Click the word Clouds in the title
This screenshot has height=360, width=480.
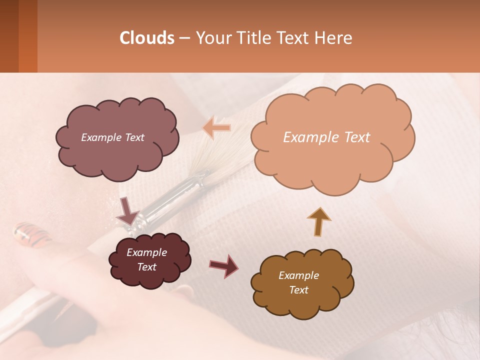[x=147, y=38]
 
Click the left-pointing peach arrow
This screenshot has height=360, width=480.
[x=217, y=128]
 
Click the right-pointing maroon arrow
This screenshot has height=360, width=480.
[x=223, y=265]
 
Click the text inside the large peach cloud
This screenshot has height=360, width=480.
[x=326, y=137]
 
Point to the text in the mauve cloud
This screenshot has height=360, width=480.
[x=112, y=137]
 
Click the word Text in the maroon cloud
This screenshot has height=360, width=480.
[x=146, y=267]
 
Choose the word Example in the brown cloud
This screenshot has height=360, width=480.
[x=298, y=275]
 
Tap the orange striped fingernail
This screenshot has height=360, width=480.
[x=31, y=234]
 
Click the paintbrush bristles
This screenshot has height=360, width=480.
[x=220, y=155]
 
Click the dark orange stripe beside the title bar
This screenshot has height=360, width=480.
[x=28, y=36]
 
